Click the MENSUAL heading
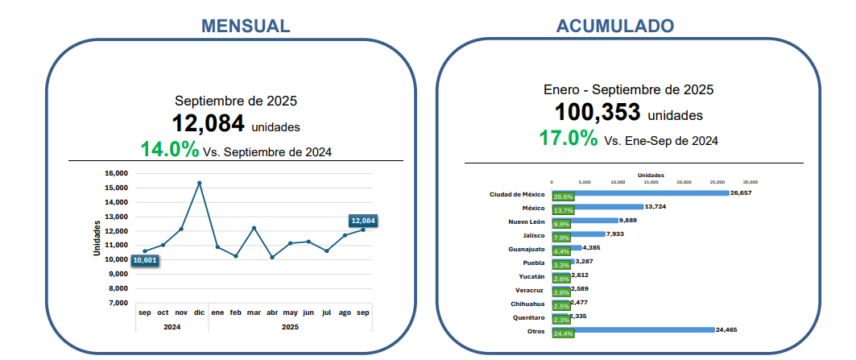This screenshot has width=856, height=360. [x=246, y=26]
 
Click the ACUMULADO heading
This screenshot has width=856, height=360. [x=615, y=26]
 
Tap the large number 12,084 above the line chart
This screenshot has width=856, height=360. [x=208, y=123]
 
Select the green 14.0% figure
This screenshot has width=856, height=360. [x=169, y=149]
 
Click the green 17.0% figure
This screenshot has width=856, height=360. [x=569, y=138]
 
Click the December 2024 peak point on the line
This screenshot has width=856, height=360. [x=199, y=183]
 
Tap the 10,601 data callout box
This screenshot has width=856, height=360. [x=144, y=260]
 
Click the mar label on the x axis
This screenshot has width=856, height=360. [x=254, y=312]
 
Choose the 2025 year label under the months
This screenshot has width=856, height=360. [x=291, y=326]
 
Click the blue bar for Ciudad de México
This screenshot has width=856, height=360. [x=640, y=193]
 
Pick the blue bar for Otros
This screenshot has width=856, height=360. [x=633, y=329]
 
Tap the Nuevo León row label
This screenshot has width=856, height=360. [x=527, y=221]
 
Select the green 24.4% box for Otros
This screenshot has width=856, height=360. [x=563, y=333]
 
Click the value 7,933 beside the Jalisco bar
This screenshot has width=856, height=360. [x=616, y=234]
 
